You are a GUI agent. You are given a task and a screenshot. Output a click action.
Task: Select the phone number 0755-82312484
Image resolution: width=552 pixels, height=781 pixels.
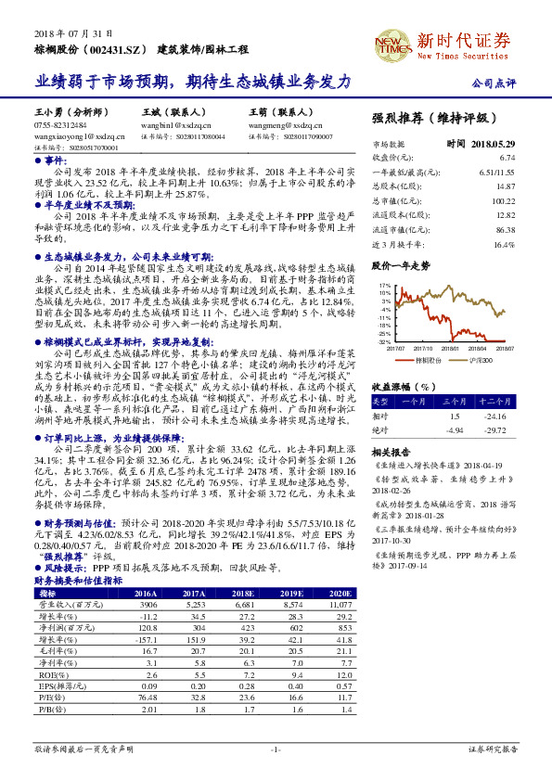pyautogui.click(x=62, y=124)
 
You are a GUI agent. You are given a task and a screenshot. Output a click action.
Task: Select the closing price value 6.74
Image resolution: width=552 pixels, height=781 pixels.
pyautogui.click(x=506, y=158)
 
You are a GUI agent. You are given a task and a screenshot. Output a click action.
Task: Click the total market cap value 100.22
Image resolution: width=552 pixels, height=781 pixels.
pyautogui.click(x=504, y=200)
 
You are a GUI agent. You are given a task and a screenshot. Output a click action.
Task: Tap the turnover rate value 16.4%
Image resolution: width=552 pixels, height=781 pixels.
pyautogui.click(x=504, y=244)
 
